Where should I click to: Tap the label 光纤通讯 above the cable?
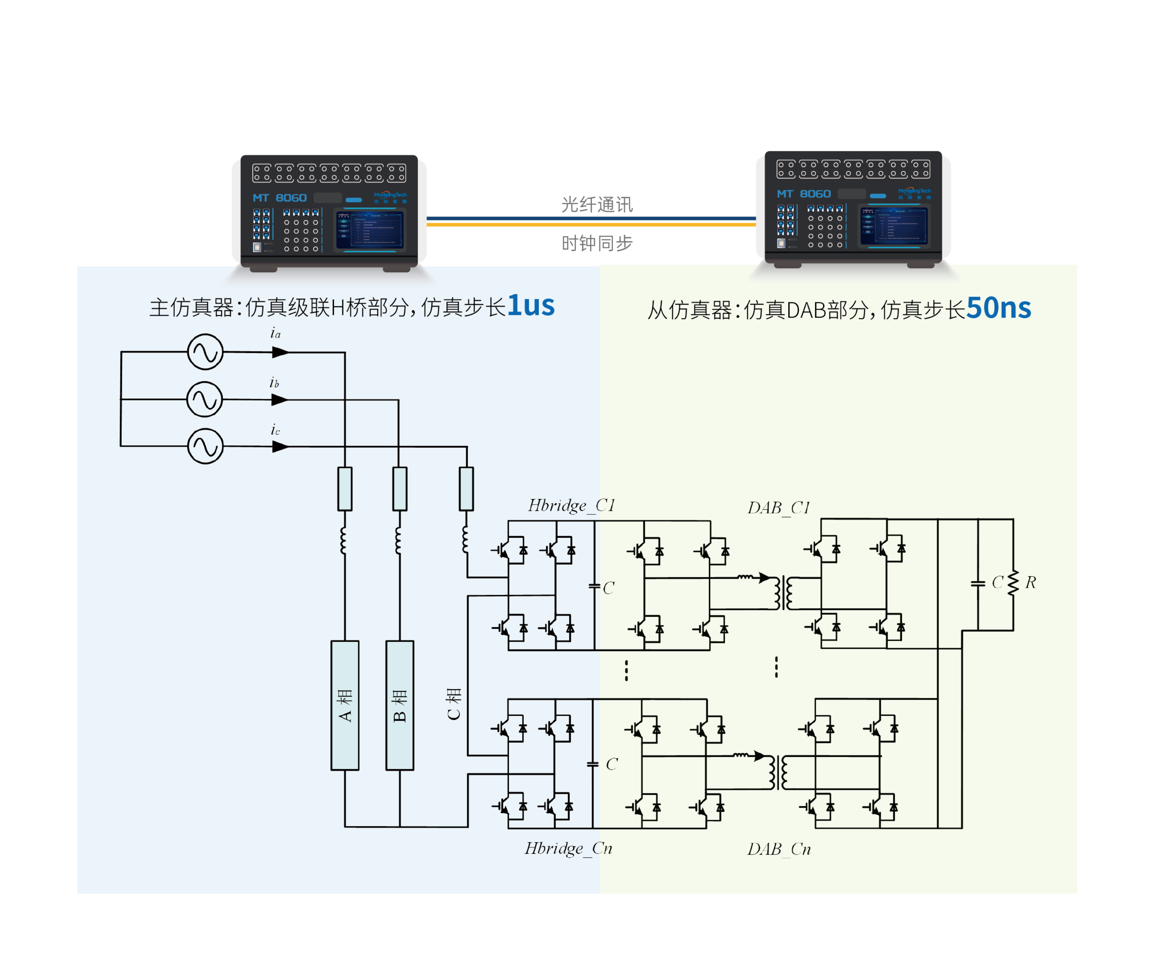(597, 205)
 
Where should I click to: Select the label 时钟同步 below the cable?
(597, 243)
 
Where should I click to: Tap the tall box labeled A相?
(344, 705)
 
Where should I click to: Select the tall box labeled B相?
(400, 705)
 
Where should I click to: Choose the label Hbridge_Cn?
(568, 848)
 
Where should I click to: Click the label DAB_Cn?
(779, 850)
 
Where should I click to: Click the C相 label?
(453, 704)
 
